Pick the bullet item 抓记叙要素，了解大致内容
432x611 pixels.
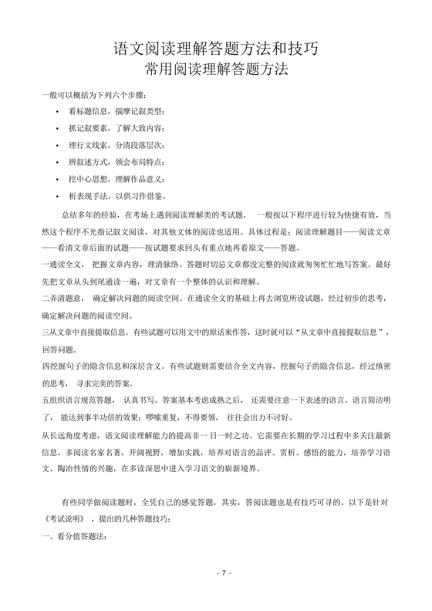[x=110, y=128]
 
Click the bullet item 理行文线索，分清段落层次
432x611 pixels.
[x=110, y=144]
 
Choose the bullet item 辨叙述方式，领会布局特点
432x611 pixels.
[x=110, y=161]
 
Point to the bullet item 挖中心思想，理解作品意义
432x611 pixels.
[x=110, y=177]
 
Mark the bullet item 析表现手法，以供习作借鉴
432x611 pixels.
[x=110, y=194]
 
